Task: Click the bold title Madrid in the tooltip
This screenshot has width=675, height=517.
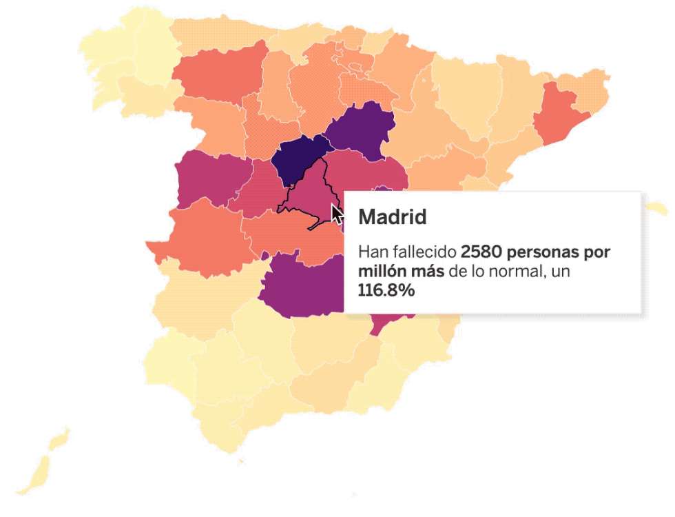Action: [393, 218]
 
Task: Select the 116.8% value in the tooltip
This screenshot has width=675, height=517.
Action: [386, 291]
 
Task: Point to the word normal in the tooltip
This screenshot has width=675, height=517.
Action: [519, 272]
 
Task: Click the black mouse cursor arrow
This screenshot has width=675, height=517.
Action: [337, 214]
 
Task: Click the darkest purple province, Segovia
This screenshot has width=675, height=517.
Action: [298, 159]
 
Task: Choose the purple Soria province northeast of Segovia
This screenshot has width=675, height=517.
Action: [362, 131]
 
